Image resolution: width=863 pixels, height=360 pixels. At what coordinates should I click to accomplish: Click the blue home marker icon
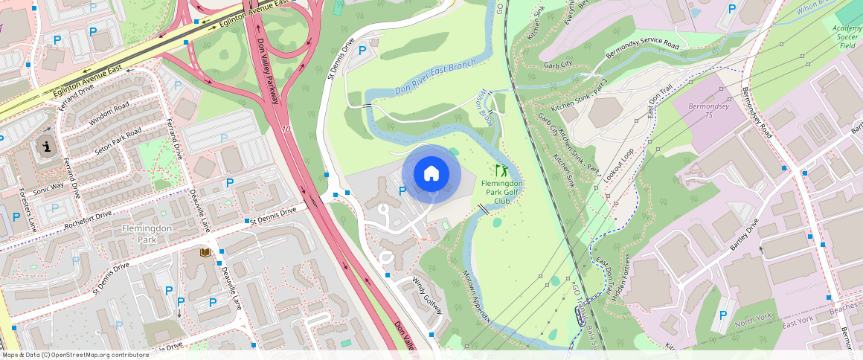(431, 174)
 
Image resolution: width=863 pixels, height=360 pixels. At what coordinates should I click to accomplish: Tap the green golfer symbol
(501, 170)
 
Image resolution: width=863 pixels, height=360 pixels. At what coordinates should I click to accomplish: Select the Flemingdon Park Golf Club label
(502, 191)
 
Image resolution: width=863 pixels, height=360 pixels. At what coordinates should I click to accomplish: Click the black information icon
(47, 147)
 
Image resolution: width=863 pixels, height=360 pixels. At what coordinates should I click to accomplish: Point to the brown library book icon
(205, 253)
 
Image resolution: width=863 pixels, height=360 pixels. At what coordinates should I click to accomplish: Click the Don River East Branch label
(435, 77)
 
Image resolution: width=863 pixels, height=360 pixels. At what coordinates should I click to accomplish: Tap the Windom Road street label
(109, 113)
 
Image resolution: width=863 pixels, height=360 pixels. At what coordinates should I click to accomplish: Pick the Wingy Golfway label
(428, 295)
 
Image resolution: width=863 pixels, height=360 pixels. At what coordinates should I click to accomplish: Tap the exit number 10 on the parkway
(286, 129)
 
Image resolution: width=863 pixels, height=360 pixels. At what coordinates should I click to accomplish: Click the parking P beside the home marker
(402, 191)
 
